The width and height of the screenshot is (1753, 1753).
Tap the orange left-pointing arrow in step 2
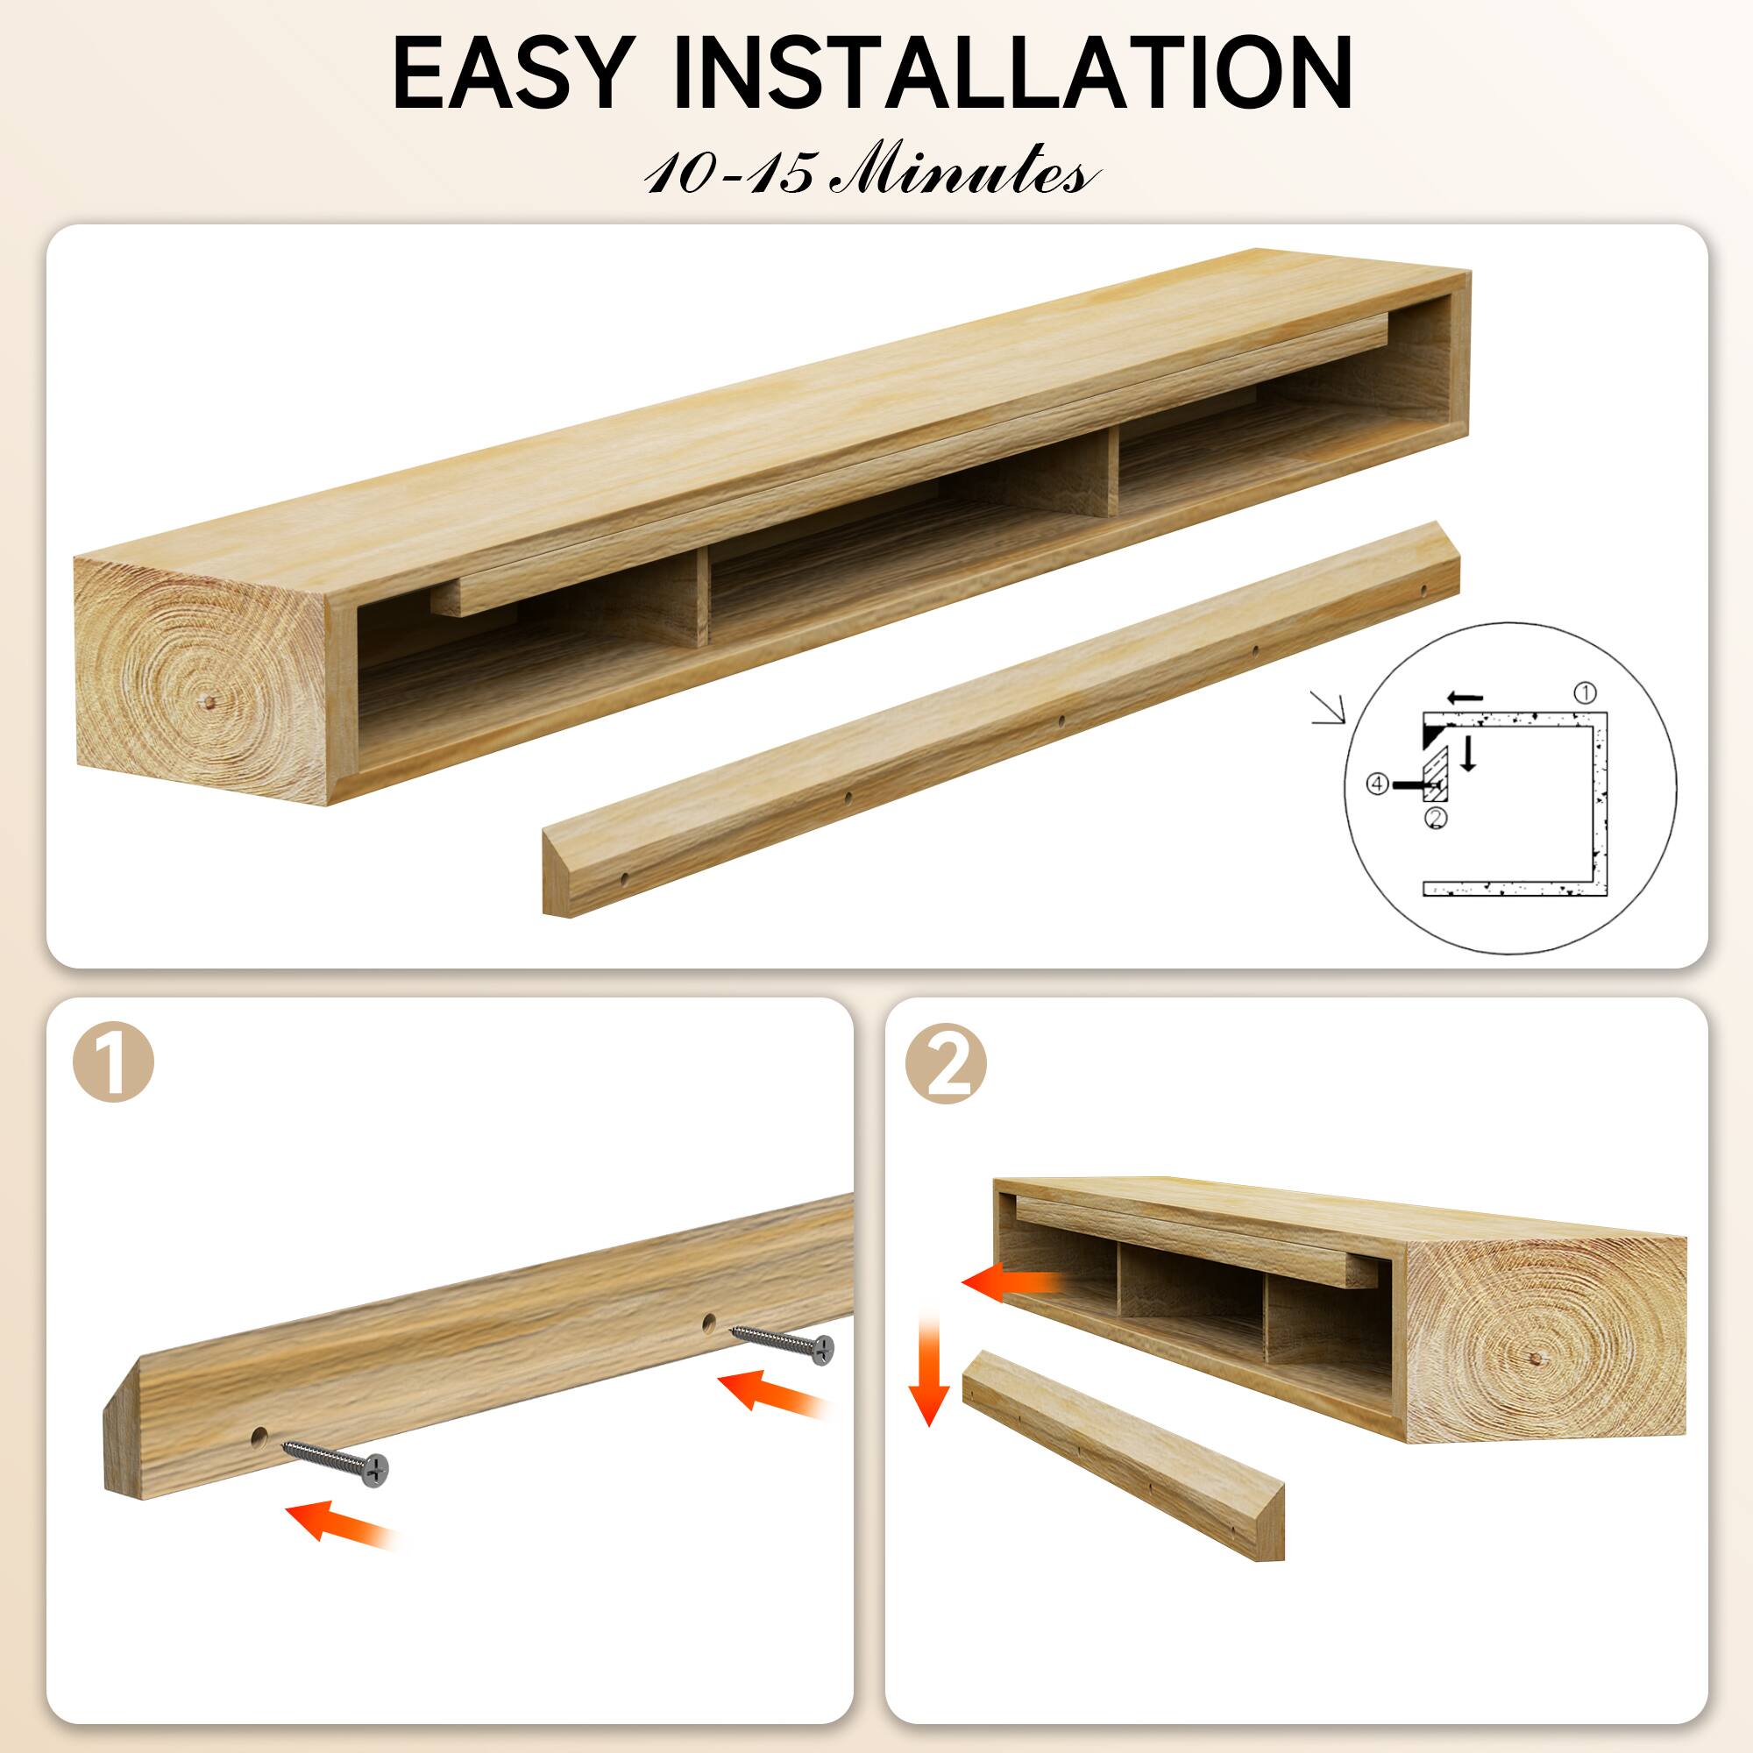tap(1011, 1282)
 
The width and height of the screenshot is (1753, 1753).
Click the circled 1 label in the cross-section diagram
tap(1583, 694)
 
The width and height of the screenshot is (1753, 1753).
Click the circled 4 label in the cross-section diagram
tap(1377, 784)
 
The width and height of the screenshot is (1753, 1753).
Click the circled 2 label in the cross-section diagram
tap(1436, 817)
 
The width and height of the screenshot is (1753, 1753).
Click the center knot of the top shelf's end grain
tap(209, 702)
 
